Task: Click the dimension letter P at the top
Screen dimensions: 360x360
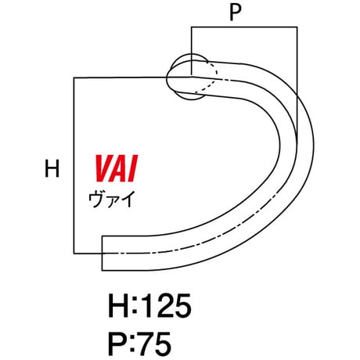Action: (236, 13)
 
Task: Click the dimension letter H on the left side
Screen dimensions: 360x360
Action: (52, 168)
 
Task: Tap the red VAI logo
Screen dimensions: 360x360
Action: (116, 168)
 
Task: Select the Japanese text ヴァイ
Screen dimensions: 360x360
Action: (111, 199)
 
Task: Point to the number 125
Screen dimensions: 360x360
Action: (165, 305)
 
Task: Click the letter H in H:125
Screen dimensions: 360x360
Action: (118, 305)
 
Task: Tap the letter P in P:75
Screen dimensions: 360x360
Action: (117, 344)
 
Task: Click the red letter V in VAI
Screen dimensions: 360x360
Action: (103, 168)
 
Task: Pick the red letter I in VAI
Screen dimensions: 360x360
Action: (132, 168)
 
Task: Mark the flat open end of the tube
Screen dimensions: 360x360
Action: (102, 253)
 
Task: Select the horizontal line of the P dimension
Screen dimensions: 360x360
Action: (244, 27)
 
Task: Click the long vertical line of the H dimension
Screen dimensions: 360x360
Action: (74, 165)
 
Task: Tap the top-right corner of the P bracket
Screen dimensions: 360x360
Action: (297, 27)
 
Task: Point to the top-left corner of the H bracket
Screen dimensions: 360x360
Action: (74, 77)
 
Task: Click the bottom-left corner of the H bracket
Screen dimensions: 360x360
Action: (74, 253)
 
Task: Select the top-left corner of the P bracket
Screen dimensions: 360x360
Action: (192, 27)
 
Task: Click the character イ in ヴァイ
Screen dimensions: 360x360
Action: (127, 199)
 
